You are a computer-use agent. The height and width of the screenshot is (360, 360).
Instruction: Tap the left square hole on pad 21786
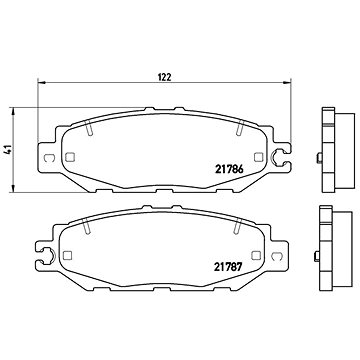(72, 155)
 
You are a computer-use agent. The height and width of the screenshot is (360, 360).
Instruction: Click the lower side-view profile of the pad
(325, 249)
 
